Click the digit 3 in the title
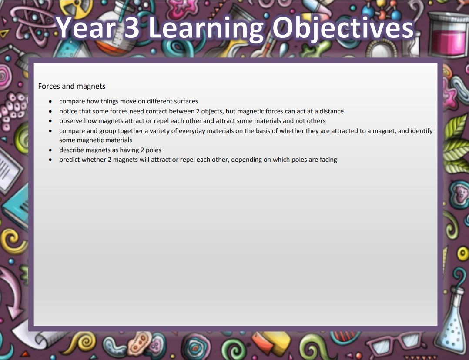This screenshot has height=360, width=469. pos(131,27)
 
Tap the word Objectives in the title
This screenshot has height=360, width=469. pos(343,29)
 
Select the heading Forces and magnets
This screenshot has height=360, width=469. pos(72,86)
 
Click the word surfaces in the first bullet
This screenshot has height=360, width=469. pos(186,101)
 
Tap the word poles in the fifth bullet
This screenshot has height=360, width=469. pos(154,150)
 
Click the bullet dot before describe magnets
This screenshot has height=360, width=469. pos(50,150)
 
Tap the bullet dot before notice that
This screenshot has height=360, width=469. pos(50,112)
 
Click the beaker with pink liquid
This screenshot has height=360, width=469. pos(448,34)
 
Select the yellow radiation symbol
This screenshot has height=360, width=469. pos(76,7)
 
